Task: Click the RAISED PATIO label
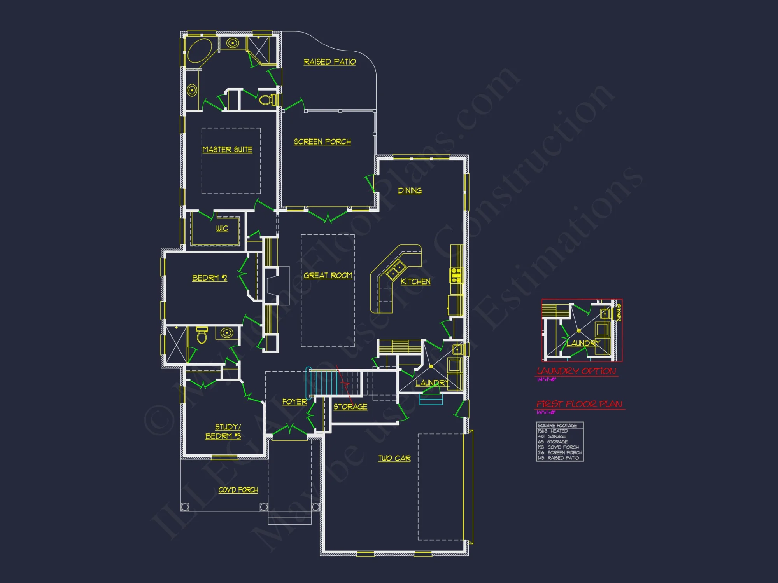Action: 329,62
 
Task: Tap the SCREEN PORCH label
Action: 322,142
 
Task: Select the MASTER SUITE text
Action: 228,150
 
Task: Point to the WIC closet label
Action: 222,229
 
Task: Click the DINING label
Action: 410,190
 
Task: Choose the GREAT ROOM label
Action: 328,276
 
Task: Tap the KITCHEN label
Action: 415,282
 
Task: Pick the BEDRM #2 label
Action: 209,278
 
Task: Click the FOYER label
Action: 294,402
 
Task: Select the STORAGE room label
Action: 350,407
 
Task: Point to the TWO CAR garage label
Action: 394,459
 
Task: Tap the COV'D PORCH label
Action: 238,490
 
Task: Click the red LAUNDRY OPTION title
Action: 576,371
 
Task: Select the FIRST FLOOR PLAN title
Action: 579,404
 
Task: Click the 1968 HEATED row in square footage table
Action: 553,431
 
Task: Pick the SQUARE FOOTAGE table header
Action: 557,426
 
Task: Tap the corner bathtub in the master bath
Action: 200,50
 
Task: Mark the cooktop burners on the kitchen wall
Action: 456,275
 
